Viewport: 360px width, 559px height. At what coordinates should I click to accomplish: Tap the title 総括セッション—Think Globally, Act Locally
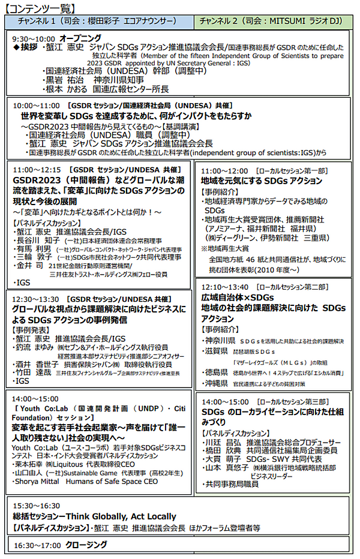click(95, 516)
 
